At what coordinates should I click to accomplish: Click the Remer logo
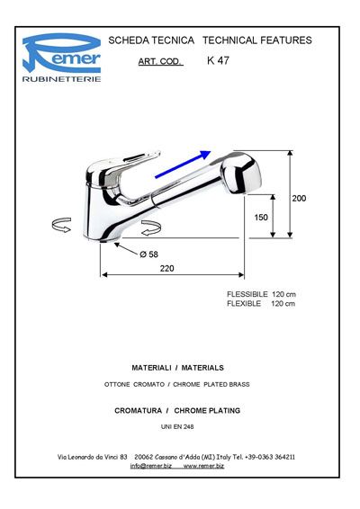(61, 53)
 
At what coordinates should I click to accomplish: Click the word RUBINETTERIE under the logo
(61, 79)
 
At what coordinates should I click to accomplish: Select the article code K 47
(218, 60)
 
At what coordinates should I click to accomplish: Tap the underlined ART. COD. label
(160, 61)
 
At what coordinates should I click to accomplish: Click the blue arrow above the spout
(183, 165)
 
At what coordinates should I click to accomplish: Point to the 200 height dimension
(299, 199)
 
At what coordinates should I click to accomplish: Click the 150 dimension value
(261, 217)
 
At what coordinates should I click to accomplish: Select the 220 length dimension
(166, 269)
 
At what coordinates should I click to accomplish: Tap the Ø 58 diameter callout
(149, 254)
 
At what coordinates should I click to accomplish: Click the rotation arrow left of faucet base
(61, 225)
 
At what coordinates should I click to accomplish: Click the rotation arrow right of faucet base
(151, 228)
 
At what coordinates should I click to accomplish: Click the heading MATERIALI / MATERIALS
(177, 368)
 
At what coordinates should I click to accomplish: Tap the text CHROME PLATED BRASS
(211, 384)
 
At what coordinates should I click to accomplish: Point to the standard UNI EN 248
(177, 426)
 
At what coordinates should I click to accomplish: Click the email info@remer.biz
(151, 466)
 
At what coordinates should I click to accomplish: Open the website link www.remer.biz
(203, 466)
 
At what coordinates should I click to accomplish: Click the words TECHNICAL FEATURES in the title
(257, 40)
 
